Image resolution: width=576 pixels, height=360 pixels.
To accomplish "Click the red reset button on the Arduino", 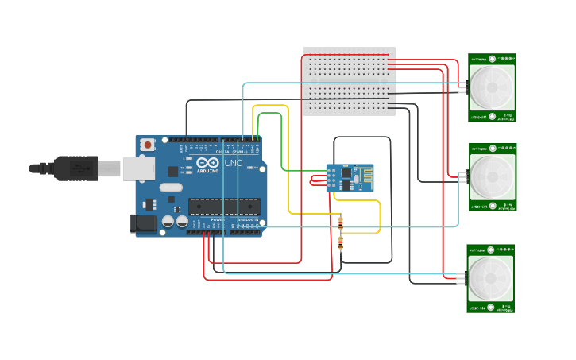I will (148, 145).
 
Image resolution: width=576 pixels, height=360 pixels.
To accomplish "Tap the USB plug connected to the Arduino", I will (75, 168).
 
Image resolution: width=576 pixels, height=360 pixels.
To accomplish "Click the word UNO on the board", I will (234, 163).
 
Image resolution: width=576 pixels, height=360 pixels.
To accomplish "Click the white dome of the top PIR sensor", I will (492, 87).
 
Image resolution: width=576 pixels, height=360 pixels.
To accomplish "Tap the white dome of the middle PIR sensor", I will (492, 177).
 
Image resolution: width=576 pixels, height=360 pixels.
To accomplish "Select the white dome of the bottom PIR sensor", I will (490, 278).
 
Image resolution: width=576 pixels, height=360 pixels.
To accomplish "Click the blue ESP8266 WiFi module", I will (349, 178).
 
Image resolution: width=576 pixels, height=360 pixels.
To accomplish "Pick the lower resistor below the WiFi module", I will (341, 242).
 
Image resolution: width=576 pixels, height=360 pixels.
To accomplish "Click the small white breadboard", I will (350, 81).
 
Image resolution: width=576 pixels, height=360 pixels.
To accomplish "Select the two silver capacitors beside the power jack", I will (175, 222).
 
